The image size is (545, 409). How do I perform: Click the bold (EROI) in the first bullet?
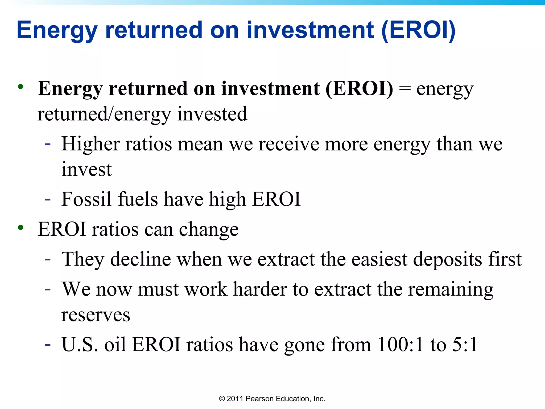click(x=359, y=88)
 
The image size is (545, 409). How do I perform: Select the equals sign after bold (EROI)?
click(x=404, y=89)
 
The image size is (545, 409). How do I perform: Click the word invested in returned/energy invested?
click(x=212, y=114)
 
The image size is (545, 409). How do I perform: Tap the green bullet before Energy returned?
click(x=21, y=87)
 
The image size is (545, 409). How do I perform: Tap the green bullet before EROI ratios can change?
click(x=21, y=228)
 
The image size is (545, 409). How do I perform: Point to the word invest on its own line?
click(x=86, y=169)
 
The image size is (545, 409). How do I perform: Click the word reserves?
click(x=96, y=315)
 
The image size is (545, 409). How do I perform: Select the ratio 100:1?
click(x=400, y=345)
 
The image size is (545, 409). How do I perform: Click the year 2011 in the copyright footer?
click(x=235, y=399)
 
